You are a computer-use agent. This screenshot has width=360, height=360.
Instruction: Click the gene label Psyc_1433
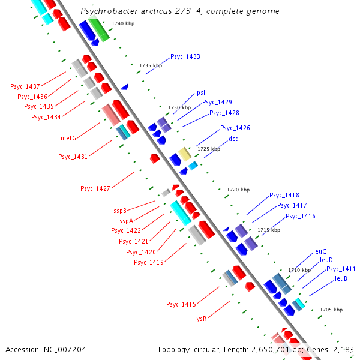click(x=185, y=56)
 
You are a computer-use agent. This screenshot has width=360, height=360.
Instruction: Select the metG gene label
click(x=68, y=138)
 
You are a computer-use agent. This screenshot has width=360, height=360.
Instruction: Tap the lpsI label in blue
click(x=200, y=92)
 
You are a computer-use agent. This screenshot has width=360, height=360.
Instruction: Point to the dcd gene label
click(x=233, y=139)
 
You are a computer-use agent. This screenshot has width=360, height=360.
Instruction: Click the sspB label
click(x=120, y=211)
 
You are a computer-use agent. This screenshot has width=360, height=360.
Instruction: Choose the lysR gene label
click(x=200, y=319)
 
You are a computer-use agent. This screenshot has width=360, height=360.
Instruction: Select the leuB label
click(x=341, y=278)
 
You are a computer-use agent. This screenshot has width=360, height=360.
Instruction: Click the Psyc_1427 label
click(x=95, y=188)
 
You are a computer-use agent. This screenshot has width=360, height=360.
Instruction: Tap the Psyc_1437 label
click(x=25, y=86)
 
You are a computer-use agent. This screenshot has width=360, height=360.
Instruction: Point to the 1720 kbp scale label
click(x=238, y=190)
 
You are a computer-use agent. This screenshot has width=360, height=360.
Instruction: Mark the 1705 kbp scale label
click(x=331, y=310)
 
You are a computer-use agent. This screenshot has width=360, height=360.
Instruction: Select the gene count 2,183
click(x=343, y=349)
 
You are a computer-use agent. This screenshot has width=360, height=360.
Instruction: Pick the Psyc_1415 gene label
click(x=181, y=304)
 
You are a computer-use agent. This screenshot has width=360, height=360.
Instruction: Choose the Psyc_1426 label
click(x=235, y=128)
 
